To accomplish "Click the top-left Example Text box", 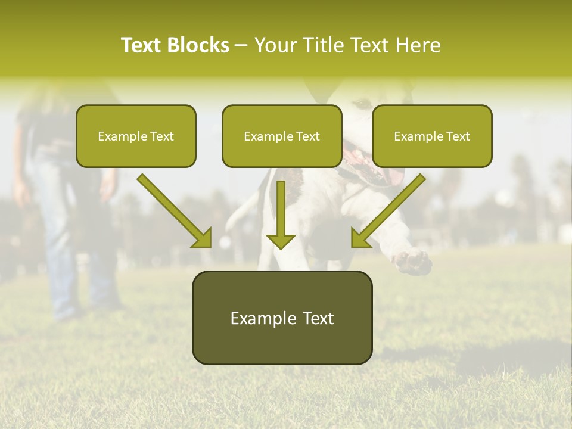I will point(136,136).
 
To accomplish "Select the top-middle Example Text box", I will point(282,136).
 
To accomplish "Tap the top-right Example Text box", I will point(432,136).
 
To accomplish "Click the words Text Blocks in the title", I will point(175,45).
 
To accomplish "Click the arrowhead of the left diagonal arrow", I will point(203,238).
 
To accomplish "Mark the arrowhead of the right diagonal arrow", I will point(360,238).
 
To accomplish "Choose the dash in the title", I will point(241,46).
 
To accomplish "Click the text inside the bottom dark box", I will point(282,318).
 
